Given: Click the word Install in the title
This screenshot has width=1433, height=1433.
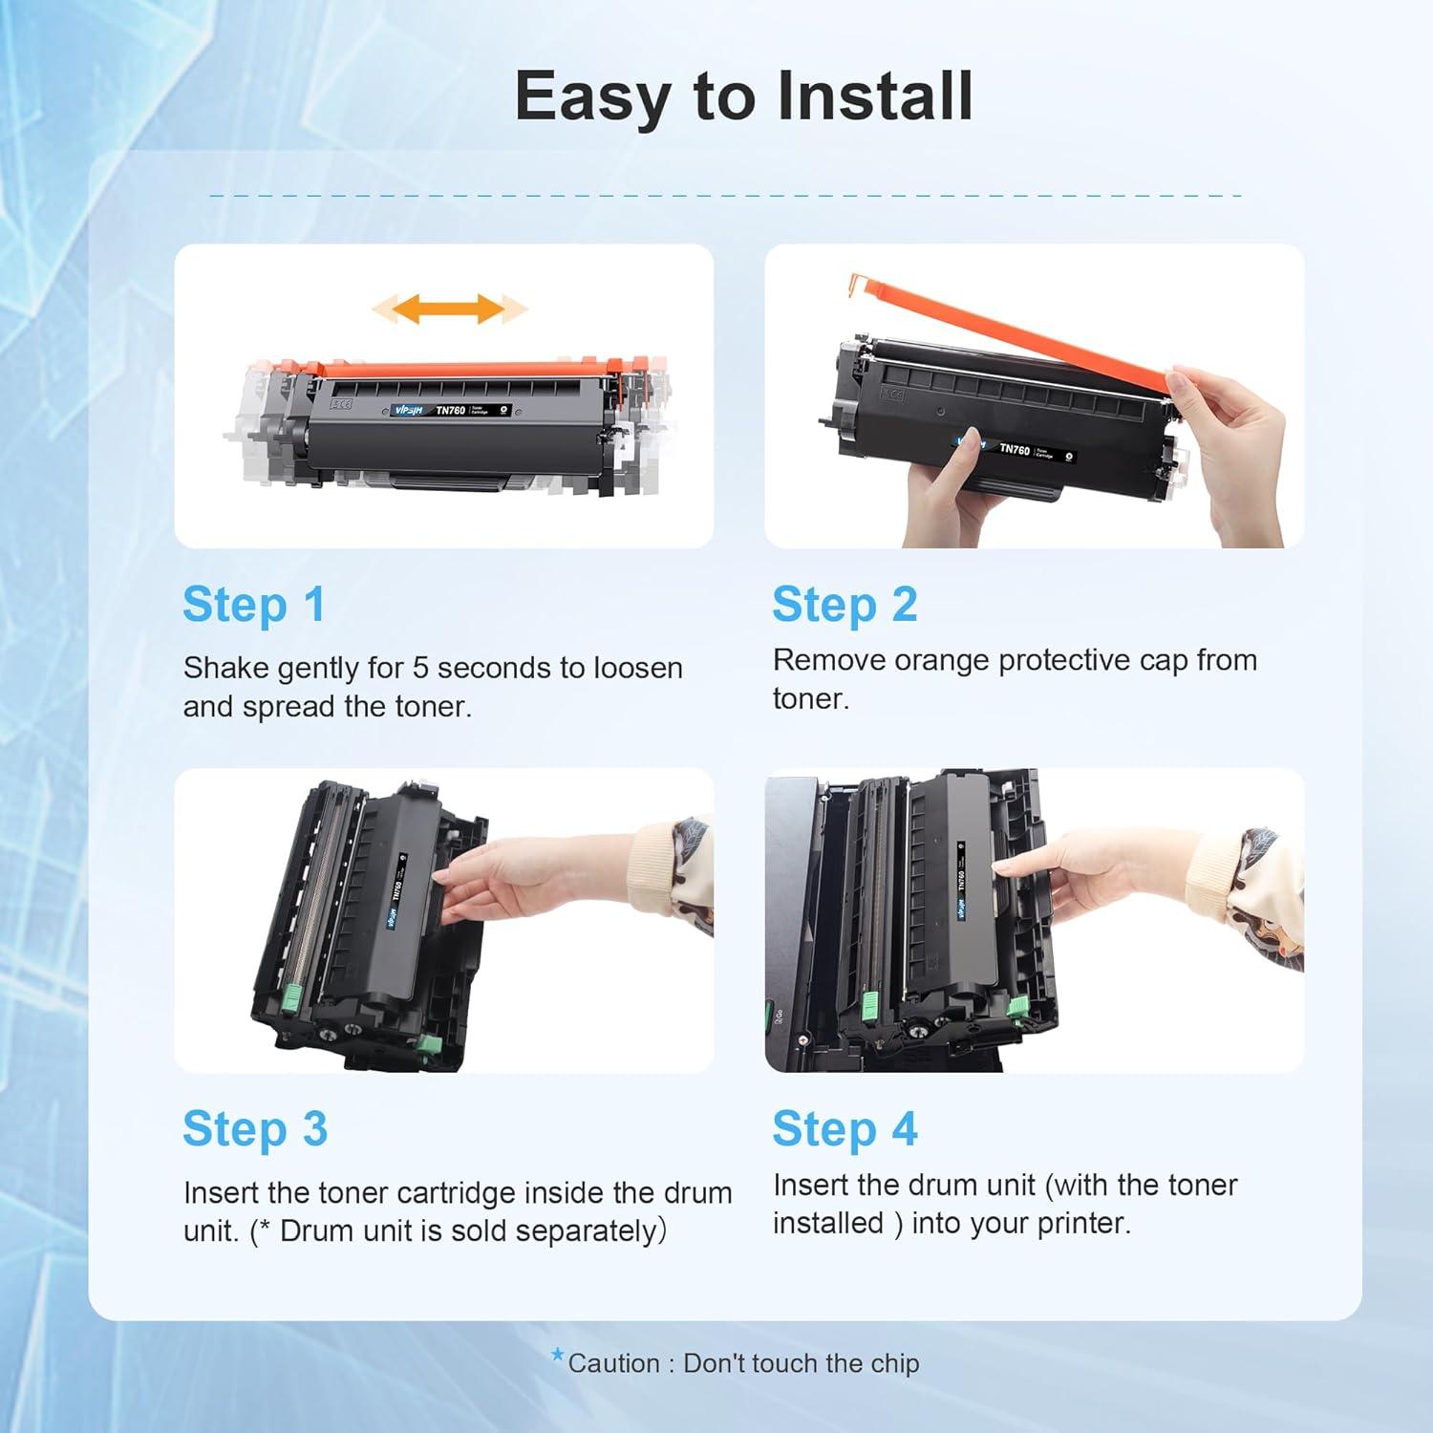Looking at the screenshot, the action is [x=875, y=96].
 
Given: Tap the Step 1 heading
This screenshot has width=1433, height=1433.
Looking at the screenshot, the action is [x=254, y=606].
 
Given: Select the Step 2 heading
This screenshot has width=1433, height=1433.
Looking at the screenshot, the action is [x=845, y=606].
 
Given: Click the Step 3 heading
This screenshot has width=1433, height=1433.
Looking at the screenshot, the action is [x=255, y=1130].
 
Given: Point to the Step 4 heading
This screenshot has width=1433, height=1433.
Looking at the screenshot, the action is [x=845, y=1130].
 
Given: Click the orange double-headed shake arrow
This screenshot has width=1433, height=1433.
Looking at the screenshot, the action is [x=449, y=309].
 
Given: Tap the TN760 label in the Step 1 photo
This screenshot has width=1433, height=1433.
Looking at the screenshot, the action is [x=450, y=410].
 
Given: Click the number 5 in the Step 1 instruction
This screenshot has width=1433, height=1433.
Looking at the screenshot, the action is [x=420, y=668].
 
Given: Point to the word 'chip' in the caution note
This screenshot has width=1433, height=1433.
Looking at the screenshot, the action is [x=894, y=1364].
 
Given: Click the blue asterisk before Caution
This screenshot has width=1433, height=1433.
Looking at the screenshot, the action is [x=558, y=1355].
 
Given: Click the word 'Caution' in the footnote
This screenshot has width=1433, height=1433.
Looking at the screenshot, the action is [x=614, y=1364].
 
